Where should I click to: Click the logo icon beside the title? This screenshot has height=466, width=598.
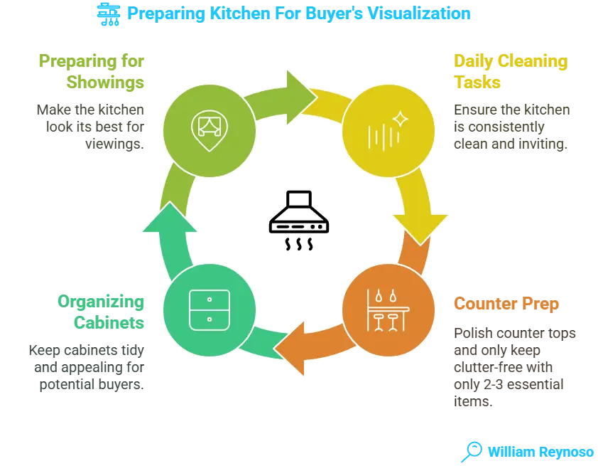[x=108, y=14]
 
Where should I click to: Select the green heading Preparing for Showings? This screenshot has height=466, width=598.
[x=93, y=72]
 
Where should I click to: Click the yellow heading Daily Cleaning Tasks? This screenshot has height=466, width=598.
[x=511, y=72]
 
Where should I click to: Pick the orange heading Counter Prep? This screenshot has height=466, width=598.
[x=506, y=305]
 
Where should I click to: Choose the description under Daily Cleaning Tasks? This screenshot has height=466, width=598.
[x=511, y=128]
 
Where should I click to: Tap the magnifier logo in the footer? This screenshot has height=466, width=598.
[x=471, y=450]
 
